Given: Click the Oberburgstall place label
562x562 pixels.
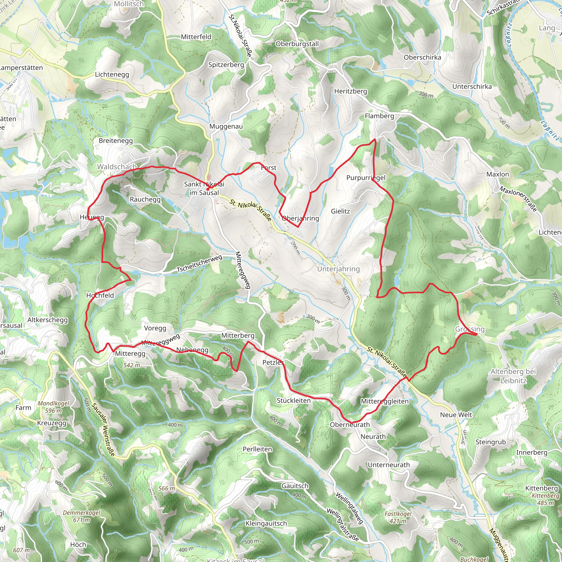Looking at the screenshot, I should coord(297,44).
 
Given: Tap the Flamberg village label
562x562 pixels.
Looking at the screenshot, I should coord(379,116).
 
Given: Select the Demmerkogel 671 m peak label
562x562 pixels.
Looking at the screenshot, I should coord(82,516).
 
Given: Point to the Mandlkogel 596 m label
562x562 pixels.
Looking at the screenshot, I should coord(54,407).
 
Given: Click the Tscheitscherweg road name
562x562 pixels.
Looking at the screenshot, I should coord(199,263).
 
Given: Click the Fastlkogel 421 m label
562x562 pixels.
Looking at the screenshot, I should coord(398,518).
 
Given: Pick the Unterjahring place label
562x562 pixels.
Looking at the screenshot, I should coord(338,269).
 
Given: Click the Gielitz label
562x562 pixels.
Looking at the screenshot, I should coord(340,211).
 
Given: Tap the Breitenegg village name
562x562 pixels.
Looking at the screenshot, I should coord(116,141).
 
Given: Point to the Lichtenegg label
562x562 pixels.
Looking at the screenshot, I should coord(112,74).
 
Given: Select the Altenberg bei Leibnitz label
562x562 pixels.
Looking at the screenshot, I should coord(513,376).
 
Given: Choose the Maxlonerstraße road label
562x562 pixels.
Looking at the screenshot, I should coord(518,199).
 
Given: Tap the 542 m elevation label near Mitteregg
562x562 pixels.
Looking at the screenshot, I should coord(131,365).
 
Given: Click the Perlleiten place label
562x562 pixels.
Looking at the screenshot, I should coord(257,449).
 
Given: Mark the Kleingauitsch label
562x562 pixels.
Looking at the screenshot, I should coord(266,524).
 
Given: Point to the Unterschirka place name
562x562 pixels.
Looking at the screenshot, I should coord(472,87).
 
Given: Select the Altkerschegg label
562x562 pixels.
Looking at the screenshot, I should coord(48,320).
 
